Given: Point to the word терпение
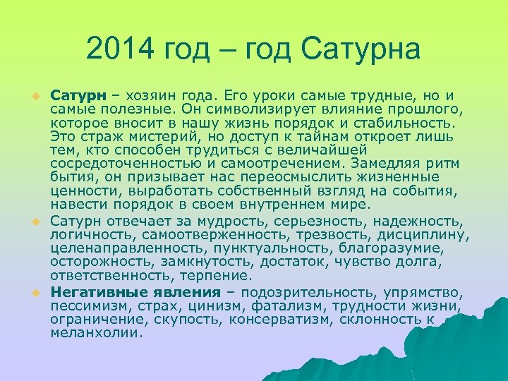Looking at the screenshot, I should (x=216, y=275).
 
